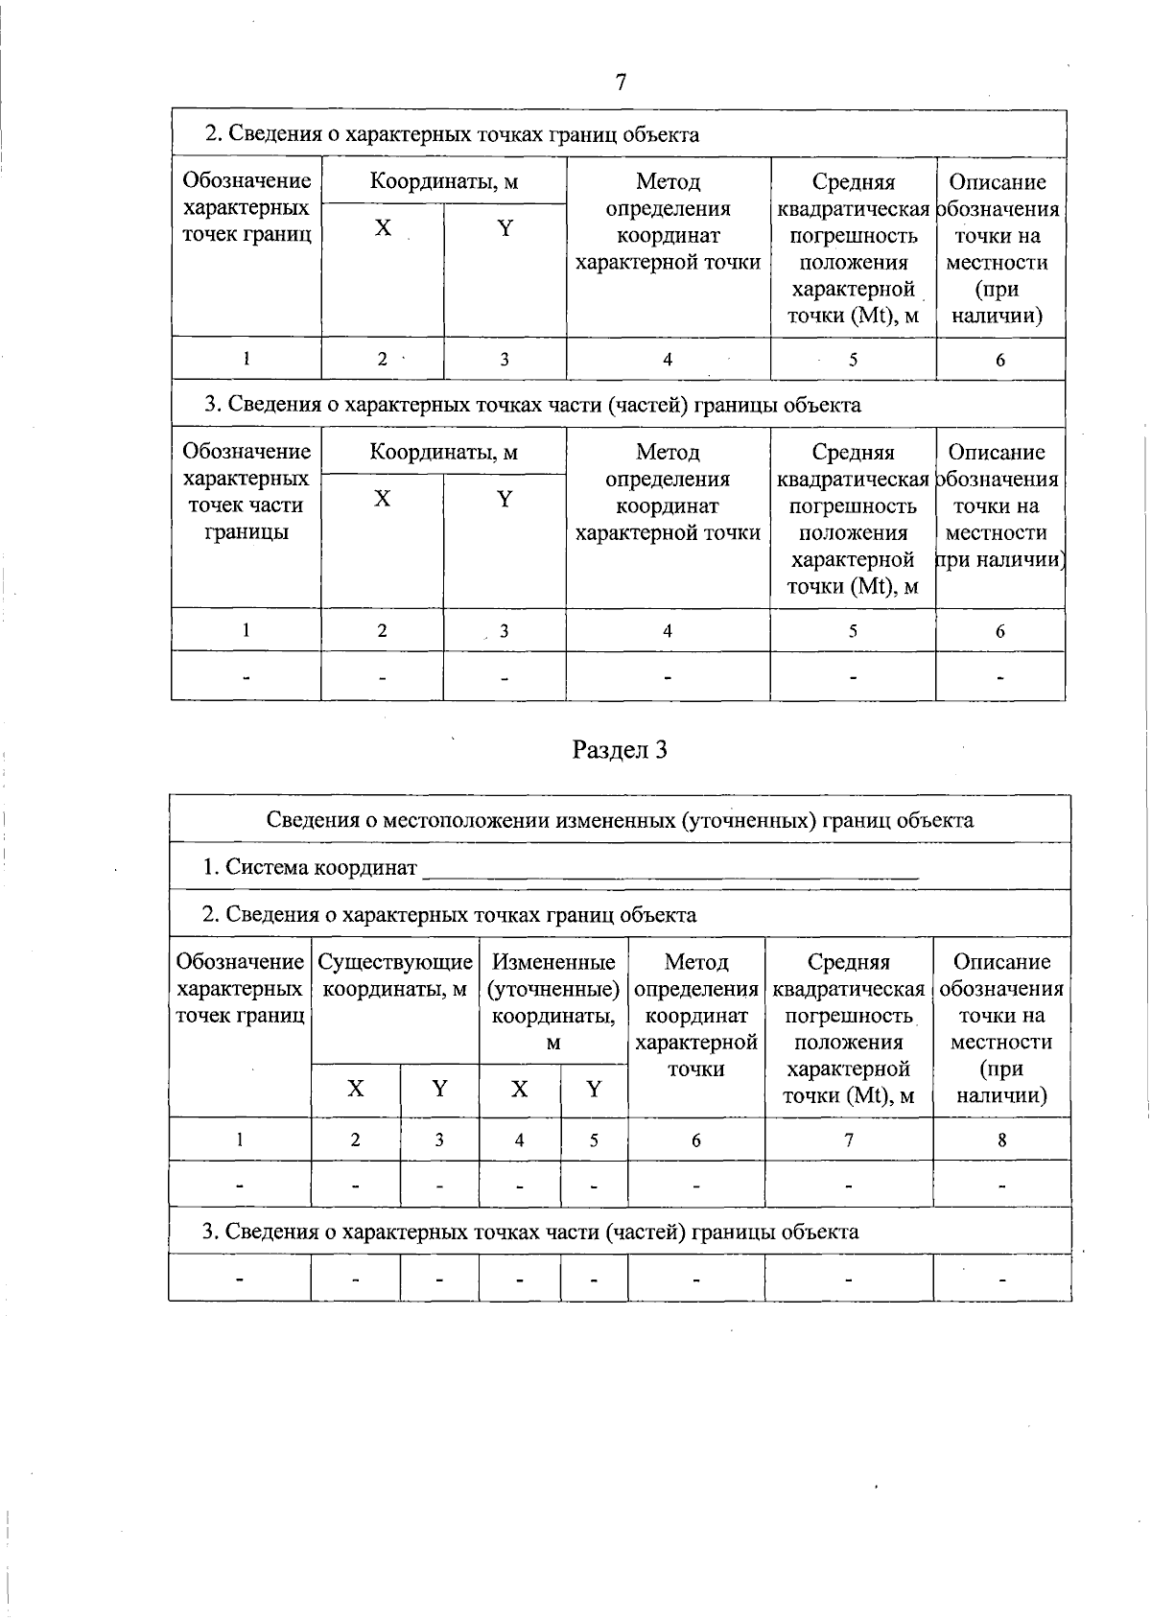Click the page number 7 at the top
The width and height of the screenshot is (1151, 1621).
pyautogui.click(x=621, y=82)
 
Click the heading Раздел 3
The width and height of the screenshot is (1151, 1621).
pyautogui.click(x=620, y=749)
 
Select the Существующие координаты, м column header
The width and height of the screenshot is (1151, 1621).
pyautogui.click(x=395, y=975)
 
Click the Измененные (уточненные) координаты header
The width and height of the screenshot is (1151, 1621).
pyautogui.click(x=553, y=1001)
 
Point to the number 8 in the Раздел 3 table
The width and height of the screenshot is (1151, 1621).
pyautogui.click(x=1001, y=1140)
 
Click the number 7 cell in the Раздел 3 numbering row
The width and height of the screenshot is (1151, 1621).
pyautogui.click(x=848, y=1140)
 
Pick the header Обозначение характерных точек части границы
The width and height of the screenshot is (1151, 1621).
pyautogui.click(x=246, y=491)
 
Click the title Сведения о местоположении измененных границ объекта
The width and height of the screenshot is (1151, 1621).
pyautogui.click(x=620, y=820)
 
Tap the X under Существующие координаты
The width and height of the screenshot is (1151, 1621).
pyautogui.click(x=356, y=1089)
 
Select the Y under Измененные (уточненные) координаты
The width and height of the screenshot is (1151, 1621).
pyautogui.click(x=594, y=1089)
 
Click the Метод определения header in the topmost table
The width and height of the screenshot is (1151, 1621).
pyautogui.click(x=668, y=222)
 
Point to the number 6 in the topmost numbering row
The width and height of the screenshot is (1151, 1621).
pyautogui.click(x=1000, y=360)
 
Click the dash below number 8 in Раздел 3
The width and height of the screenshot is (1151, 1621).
pyautogui.click(x=1001, y=1186)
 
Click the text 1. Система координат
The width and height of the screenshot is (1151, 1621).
pyautogui.click(x=310, y=867)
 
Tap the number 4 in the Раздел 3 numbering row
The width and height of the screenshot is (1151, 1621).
pyautogui.click(x=519, y=1140)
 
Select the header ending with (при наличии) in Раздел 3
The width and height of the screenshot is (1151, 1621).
pyautogui.click(x=1001, y=1027)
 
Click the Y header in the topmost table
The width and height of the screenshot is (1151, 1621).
pyautogui.click(x=505, y=228)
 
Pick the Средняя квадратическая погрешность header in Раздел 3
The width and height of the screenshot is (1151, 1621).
pyautogui.click(x=848, y=1027)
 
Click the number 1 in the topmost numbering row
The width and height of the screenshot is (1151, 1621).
pyautogui.click(x=246, y=359)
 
